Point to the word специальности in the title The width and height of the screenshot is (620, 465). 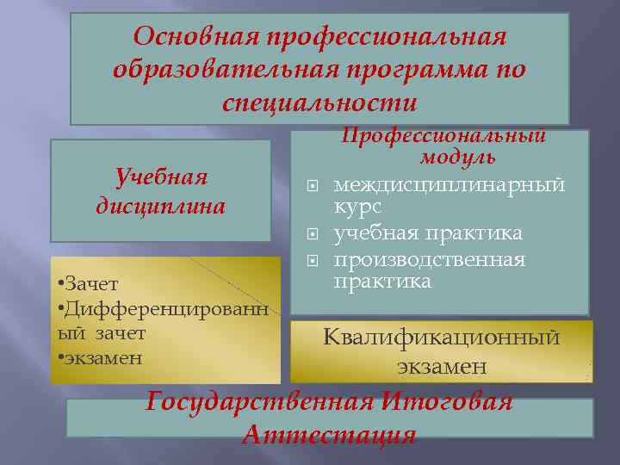pos(319,102)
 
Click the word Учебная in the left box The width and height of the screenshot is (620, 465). pos(162,177)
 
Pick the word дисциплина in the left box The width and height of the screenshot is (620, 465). pos(161,207)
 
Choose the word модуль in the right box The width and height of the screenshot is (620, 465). pos(457,157)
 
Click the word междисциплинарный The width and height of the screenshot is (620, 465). pos(449,184)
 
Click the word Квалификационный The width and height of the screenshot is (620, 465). pos(441,337)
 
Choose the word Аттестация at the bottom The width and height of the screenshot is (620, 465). pos(330,434)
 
